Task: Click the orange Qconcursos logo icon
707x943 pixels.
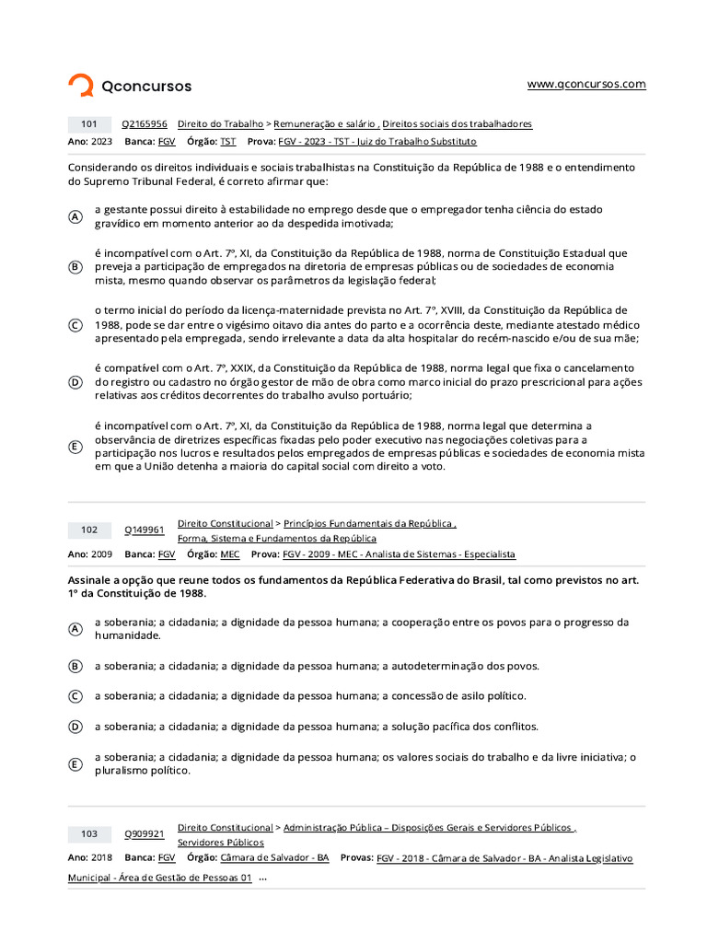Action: point(81,86)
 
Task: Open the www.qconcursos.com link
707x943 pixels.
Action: point(586,84)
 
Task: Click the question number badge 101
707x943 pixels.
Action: point(89,123)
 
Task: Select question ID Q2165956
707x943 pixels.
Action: point(145,123)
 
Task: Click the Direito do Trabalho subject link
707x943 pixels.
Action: point(220,123)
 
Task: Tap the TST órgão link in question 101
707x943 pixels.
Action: point(227,142)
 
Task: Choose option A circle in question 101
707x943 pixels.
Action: point(75,216)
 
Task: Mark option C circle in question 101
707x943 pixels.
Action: point(75,325)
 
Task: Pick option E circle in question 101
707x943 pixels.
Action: point(75,447)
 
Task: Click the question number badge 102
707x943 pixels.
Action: point(89,530)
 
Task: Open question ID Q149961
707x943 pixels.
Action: point(145,530)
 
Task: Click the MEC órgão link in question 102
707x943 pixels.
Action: point(229,554)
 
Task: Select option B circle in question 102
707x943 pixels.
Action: point(75,666)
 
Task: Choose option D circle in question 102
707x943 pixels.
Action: point(75,727)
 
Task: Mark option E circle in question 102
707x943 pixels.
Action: point(75,764)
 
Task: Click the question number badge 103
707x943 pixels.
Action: point(89,833)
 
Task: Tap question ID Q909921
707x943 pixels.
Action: point(145,834)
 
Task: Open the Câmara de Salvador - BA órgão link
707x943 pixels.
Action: point(274,857)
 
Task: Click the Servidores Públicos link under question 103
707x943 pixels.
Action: point(220,843)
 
